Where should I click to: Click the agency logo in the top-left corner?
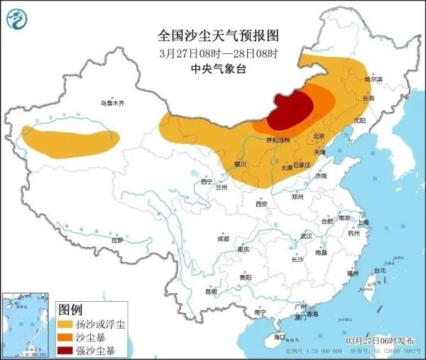point(21,22)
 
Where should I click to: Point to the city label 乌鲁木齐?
point(111,103)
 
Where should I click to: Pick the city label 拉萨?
point(117,240)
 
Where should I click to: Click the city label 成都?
point(223,239)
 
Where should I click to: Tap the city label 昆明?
point(211,291)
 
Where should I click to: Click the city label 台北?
point(380,270)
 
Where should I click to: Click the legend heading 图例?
point(70,310)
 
